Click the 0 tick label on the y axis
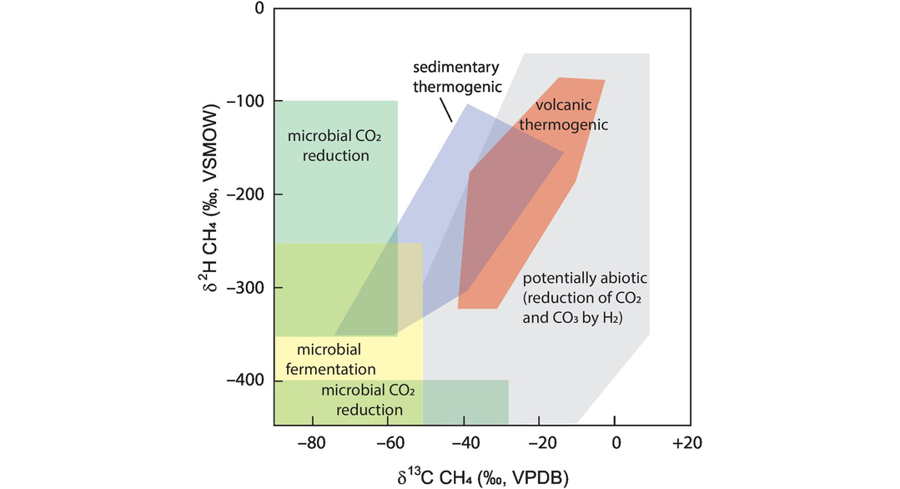coord(259,9)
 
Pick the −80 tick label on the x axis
coord(311,442)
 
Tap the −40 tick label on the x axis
coord(464,442)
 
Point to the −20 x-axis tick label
coord(540,442)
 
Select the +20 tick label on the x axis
coord(688,442)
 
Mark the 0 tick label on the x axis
coord(616,442)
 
